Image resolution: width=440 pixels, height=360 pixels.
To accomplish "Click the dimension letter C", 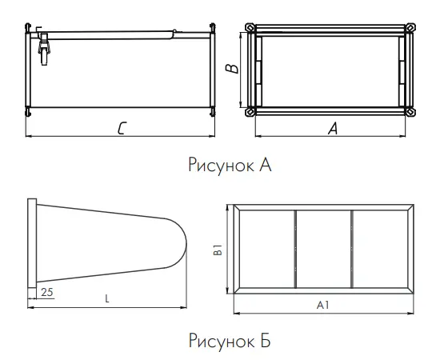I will tap(120, 129).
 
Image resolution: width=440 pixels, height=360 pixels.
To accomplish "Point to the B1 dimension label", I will tap(218, 250).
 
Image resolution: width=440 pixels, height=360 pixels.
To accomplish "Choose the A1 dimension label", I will tap(322, 305).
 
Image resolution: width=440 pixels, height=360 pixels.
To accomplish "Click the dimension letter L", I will tap(108, 298).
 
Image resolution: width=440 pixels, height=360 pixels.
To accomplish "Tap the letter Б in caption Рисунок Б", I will tap(265, 342).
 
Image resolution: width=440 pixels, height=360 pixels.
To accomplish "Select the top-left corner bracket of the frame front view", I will tap(252, 29).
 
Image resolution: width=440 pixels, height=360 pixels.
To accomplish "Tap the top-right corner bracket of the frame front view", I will tap(410, 29).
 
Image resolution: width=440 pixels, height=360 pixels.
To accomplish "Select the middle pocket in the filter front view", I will tap(324, 250).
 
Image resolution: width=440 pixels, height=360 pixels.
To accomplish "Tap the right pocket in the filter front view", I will tap(380, 250).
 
